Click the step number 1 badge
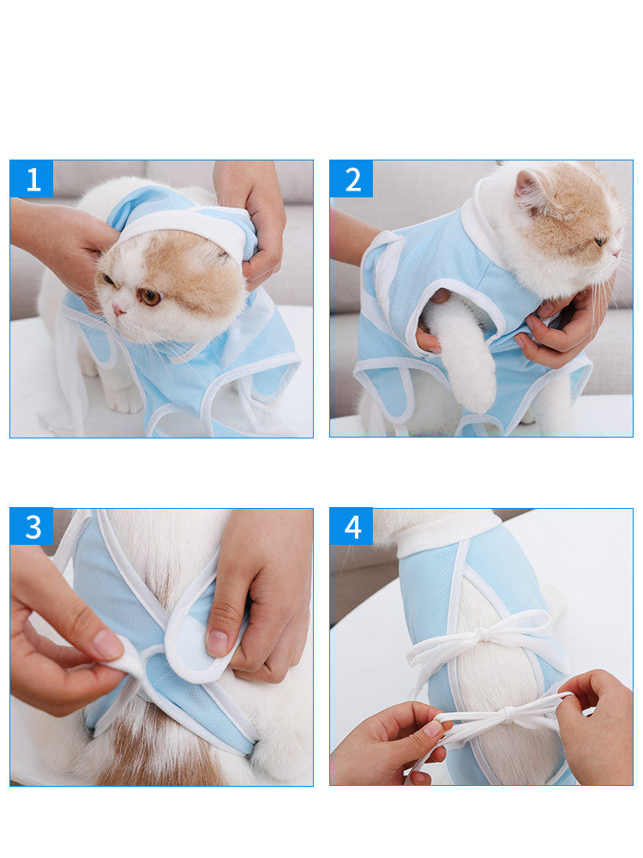pos(32,179)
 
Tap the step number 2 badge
pos(352,179)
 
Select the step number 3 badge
pos(32,527)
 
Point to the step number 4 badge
pos(352,527)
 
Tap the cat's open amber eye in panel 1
pos(150,296)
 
